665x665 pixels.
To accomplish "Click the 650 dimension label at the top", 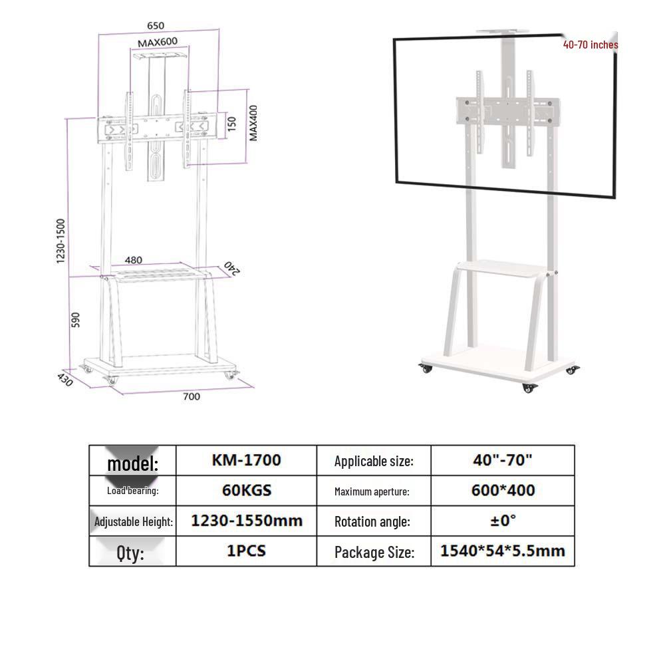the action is pyautogui.click(x=156, y=25).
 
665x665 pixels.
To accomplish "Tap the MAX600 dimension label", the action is pyautogui.click(x=158, y=43).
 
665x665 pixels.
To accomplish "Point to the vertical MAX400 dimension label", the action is pyautogui.click(x=253, y=123).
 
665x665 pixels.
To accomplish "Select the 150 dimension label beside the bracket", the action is pyautogui.click(x=231, y=124).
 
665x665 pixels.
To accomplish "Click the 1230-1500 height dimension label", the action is pyautogui.click(x=61, y=241).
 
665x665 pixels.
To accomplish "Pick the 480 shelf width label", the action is pyautogui.click(x=134, y=260).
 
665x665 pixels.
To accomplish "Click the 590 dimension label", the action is pyautogui.click(x=76, y=320).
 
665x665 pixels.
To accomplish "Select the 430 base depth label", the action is pyautogui.click(x=65, y=379).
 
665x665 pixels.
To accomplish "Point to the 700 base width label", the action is pyautogui.click(x=192, y=396).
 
